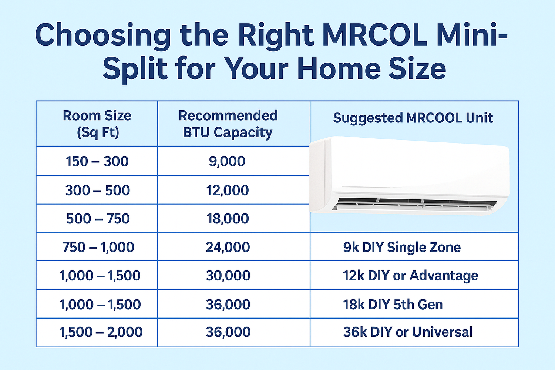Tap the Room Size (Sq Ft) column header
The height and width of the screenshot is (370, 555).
97,124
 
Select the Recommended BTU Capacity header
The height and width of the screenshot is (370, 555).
228,124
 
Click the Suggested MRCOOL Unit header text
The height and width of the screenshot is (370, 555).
413,118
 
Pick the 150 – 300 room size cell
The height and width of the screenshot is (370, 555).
97,161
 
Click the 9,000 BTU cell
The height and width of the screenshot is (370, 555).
227,161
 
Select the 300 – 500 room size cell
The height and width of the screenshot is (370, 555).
98,190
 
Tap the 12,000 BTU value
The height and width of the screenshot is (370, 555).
228,190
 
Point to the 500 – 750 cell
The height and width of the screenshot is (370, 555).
98,219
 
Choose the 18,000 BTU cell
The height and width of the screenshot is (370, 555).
228,219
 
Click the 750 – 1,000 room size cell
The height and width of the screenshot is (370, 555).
98,247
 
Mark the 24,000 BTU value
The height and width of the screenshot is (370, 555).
228,247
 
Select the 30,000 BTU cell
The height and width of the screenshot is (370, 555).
228,276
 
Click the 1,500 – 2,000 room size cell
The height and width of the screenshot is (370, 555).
101,332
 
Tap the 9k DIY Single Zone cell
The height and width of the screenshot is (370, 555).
402,247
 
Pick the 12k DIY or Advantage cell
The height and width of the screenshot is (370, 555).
410,276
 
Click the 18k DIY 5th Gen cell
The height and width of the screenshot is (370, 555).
393,305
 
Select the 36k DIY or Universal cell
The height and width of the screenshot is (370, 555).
408,332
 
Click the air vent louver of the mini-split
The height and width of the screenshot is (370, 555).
414,204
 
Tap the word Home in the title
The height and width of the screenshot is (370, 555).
339,69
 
